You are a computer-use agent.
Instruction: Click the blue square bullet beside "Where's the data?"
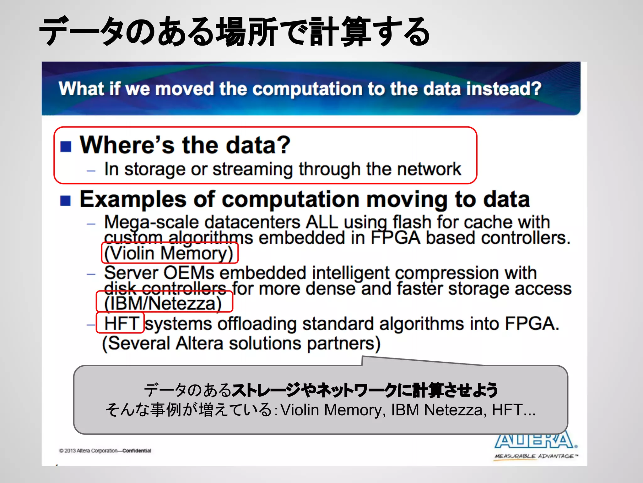(66, 146)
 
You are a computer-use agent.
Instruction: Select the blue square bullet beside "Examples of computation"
(66, 200)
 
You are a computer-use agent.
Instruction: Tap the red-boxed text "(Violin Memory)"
(169, 253)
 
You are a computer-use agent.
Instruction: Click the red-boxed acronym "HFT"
(121, 323)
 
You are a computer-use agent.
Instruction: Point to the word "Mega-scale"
(151, 223)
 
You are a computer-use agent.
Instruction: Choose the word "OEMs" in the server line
(189, 273)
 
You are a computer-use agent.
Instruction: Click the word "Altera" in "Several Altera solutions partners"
(199, 343)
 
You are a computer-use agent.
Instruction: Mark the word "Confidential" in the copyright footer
(137, 451)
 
